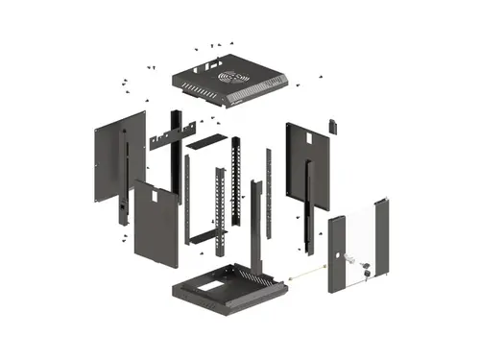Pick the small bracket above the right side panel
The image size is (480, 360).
[x=333, y=126]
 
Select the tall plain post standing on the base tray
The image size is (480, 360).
[x=255, y=226]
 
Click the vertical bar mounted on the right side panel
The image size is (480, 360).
[x=307, y=197]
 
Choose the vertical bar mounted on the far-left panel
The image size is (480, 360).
[x=124, y=178]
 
